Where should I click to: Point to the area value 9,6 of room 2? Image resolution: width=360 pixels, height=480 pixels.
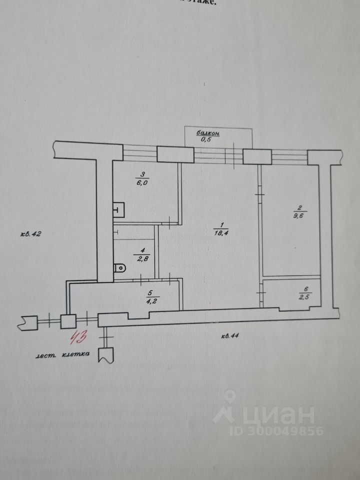click(x=300, y=216)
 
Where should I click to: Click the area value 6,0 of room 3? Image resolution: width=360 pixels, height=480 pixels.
click(x=142, y=182)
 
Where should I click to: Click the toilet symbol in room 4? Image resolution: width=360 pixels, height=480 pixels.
click(x=120, y=268)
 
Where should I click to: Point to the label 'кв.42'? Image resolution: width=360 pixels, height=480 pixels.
click(x=30, y=233)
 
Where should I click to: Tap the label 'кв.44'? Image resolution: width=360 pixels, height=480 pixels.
click(x=230, y=335)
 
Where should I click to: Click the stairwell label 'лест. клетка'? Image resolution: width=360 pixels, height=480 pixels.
click(x=62, y=354)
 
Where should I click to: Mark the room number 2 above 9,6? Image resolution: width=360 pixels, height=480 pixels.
click(x=299, y=208)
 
